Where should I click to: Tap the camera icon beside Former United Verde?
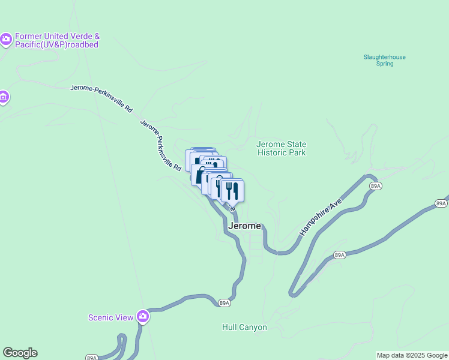tap(7, 40)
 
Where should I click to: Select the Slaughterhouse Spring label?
tap(384, 60)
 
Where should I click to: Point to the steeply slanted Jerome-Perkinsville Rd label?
tap(160, 146)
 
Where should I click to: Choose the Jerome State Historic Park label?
tap(281, 148)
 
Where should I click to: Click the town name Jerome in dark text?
tap(245, 226)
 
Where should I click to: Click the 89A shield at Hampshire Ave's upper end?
tap(375, 187)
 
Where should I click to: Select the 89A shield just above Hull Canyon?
tap(224, 304)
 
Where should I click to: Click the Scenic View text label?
tap(110, 317)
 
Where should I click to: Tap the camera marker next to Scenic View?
tap(142, 316)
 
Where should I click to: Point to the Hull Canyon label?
tap(244, 328)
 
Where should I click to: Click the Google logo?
tap(20, 353)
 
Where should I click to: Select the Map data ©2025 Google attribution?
tap(412, 355)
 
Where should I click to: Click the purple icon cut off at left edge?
tap(3, 97)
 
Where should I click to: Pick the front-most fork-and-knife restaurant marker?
tap(232, 191)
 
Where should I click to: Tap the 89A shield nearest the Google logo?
tap(91, 358)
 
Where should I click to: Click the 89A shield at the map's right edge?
tap(441, 204)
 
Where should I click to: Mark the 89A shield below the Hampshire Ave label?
tap(340, 255)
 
